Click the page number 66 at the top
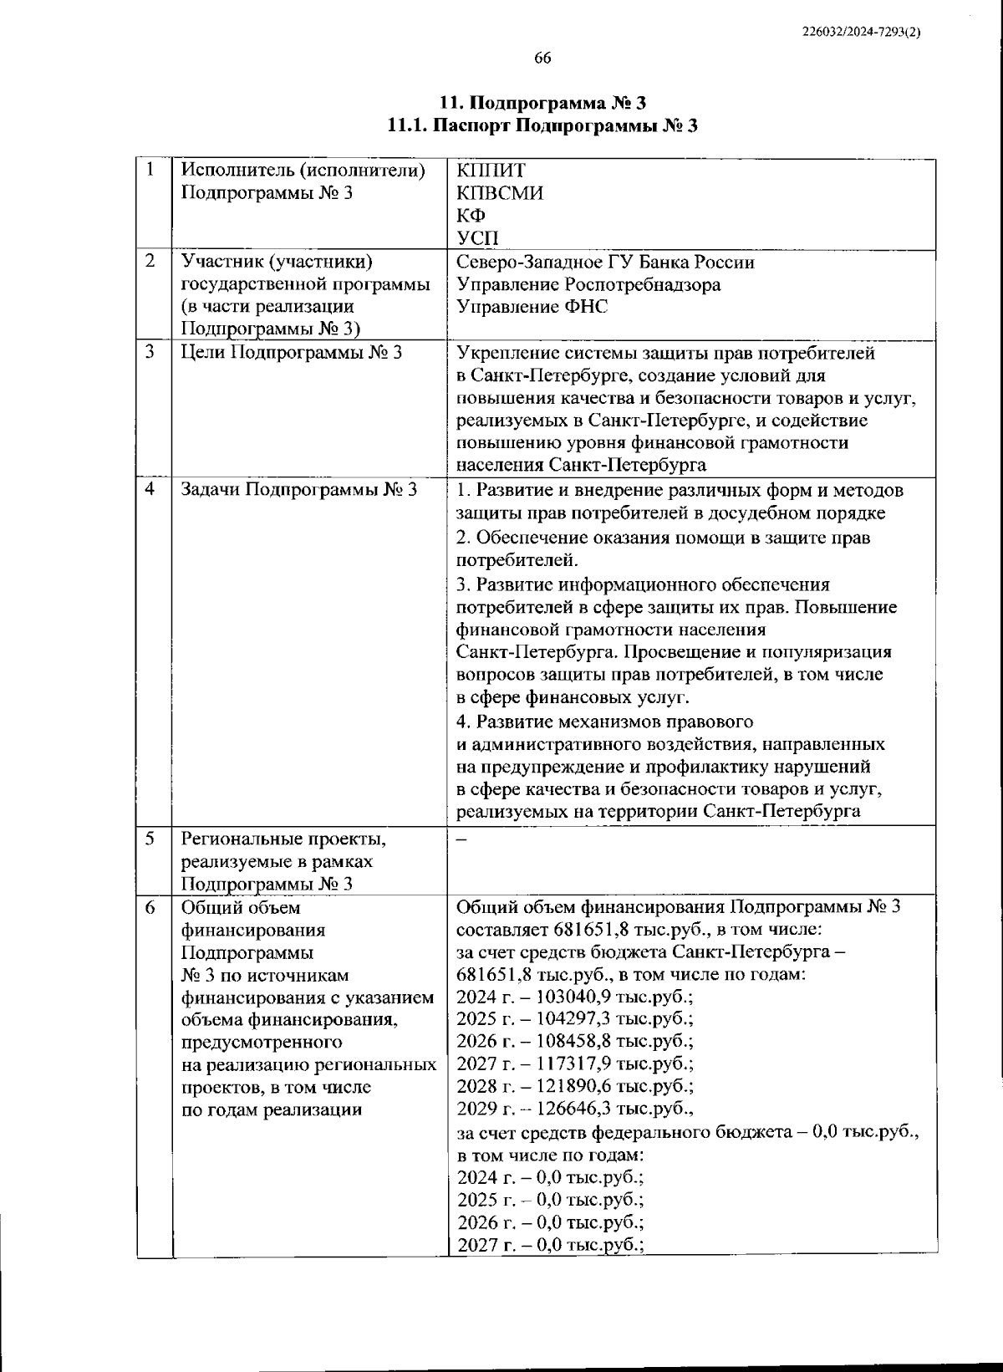(x=542, y=58)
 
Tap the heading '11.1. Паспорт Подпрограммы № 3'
(x=542, y=126)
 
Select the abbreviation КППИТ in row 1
(x=491, y=171)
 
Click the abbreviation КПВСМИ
(x=500, y=193)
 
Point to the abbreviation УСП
(x=477, y=238)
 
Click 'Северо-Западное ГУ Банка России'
(x=605, y=263)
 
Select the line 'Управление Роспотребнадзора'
(x=588, y=285)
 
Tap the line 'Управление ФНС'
(x=532, y=307)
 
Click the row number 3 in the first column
(x=150, y=352)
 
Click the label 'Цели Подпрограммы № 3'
(x=292, y=353)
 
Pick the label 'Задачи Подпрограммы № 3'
(x=299, y=490)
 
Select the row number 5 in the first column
(x=150, y=839)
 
